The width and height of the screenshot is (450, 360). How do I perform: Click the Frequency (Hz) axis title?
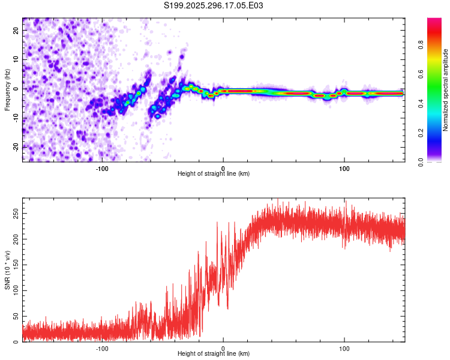(x=7, y=89)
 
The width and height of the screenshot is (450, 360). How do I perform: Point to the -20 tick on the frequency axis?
(x=16, y=147)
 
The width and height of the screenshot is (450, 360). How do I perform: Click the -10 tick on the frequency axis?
(x=16, y=118)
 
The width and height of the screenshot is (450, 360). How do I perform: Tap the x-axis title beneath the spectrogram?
(x=214, y=174)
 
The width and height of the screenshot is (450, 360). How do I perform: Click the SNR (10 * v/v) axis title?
(x=7, y=269)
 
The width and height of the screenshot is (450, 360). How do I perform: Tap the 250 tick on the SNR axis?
(x=14, y=213)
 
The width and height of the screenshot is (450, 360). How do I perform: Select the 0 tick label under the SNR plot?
(x=223, y=347)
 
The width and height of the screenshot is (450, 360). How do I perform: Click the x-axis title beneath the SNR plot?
(x=214, y=354)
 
